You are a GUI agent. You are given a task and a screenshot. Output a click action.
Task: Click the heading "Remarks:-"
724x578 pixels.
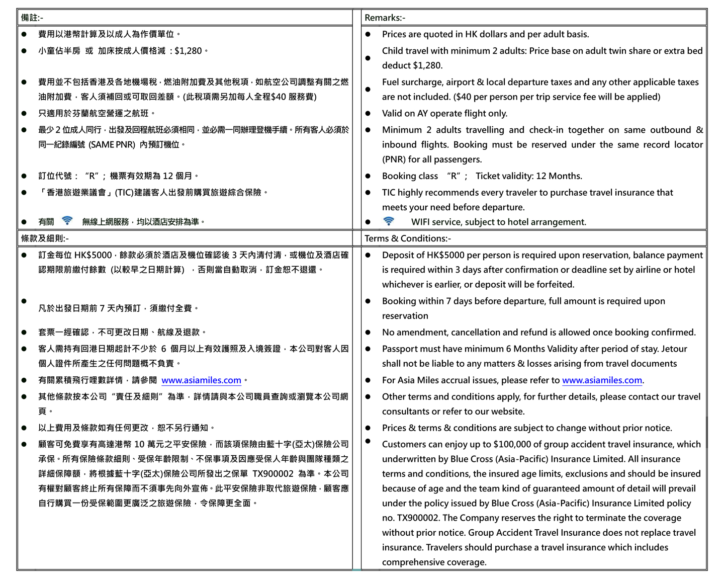coord(385,18)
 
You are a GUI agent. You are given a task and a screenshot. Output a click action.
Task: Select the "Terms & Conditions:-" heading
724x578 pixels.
coord(407,238)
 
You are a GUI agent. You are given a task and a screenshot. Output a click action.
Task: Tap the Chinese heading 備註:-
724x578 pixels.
coord(32,18)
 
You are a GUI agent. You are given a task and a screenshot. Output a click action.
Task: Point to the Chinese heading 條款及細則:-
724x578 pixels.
coord(45,238)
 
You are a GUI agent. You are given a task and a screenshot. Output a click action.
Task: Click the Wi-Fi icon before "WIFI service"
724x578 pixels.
coord(388,221)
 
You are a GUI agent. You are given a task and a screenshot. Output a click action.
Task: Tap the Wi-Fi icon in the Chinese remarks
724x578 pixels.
coord(67,220)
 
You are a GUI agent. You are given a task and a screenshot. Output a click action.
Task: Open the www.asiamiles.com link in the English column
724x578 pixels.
coord(602,380)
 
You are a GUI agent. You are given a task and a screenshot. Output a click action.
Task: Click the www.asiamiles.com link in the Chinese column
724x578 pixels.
coord(201,380)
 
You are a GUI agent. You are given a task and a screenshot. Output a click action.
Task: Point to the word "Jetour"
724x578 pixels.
coord(673,349)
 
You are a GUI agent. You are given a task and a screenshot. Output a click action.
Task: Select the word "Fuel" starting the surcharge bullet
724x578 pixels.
coord(392,82)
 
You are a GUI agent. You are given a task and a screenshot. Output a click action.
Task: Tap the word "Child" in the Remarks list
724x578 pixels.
coord(393,51)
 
